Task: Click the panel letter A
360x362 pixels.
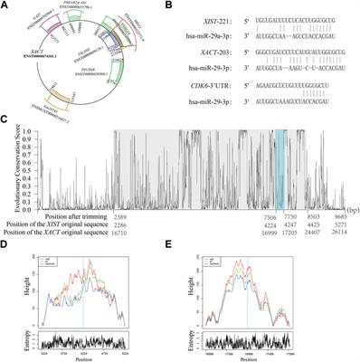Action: click(x=6, y=6)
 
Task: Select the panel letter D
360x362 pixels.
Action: click(x=6, y=242)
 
